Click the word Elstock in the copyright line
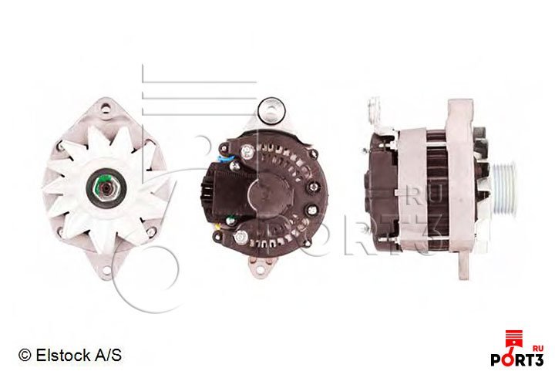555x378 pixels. pyautogui.click(x=63, y=355)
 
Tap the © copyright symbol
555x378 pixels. pyautogui.click(x=25, y=355)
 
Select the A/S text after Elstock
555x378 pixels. pyautogui.click(x=108, y=355)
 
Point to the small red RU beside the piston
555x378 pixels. pyautogui.click(x=538, y=348)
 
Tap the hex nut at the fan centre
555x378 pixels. pyautogui.click(x=105, y=190)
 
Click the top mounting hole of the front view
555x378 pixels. pyautogui.click(x=105, y=108)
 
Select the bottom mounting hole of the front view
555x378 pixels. pyautogui.click(x=106, y=271)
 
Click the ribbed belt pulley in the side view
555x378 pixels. pyautogui.click(x=503, y=187)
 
